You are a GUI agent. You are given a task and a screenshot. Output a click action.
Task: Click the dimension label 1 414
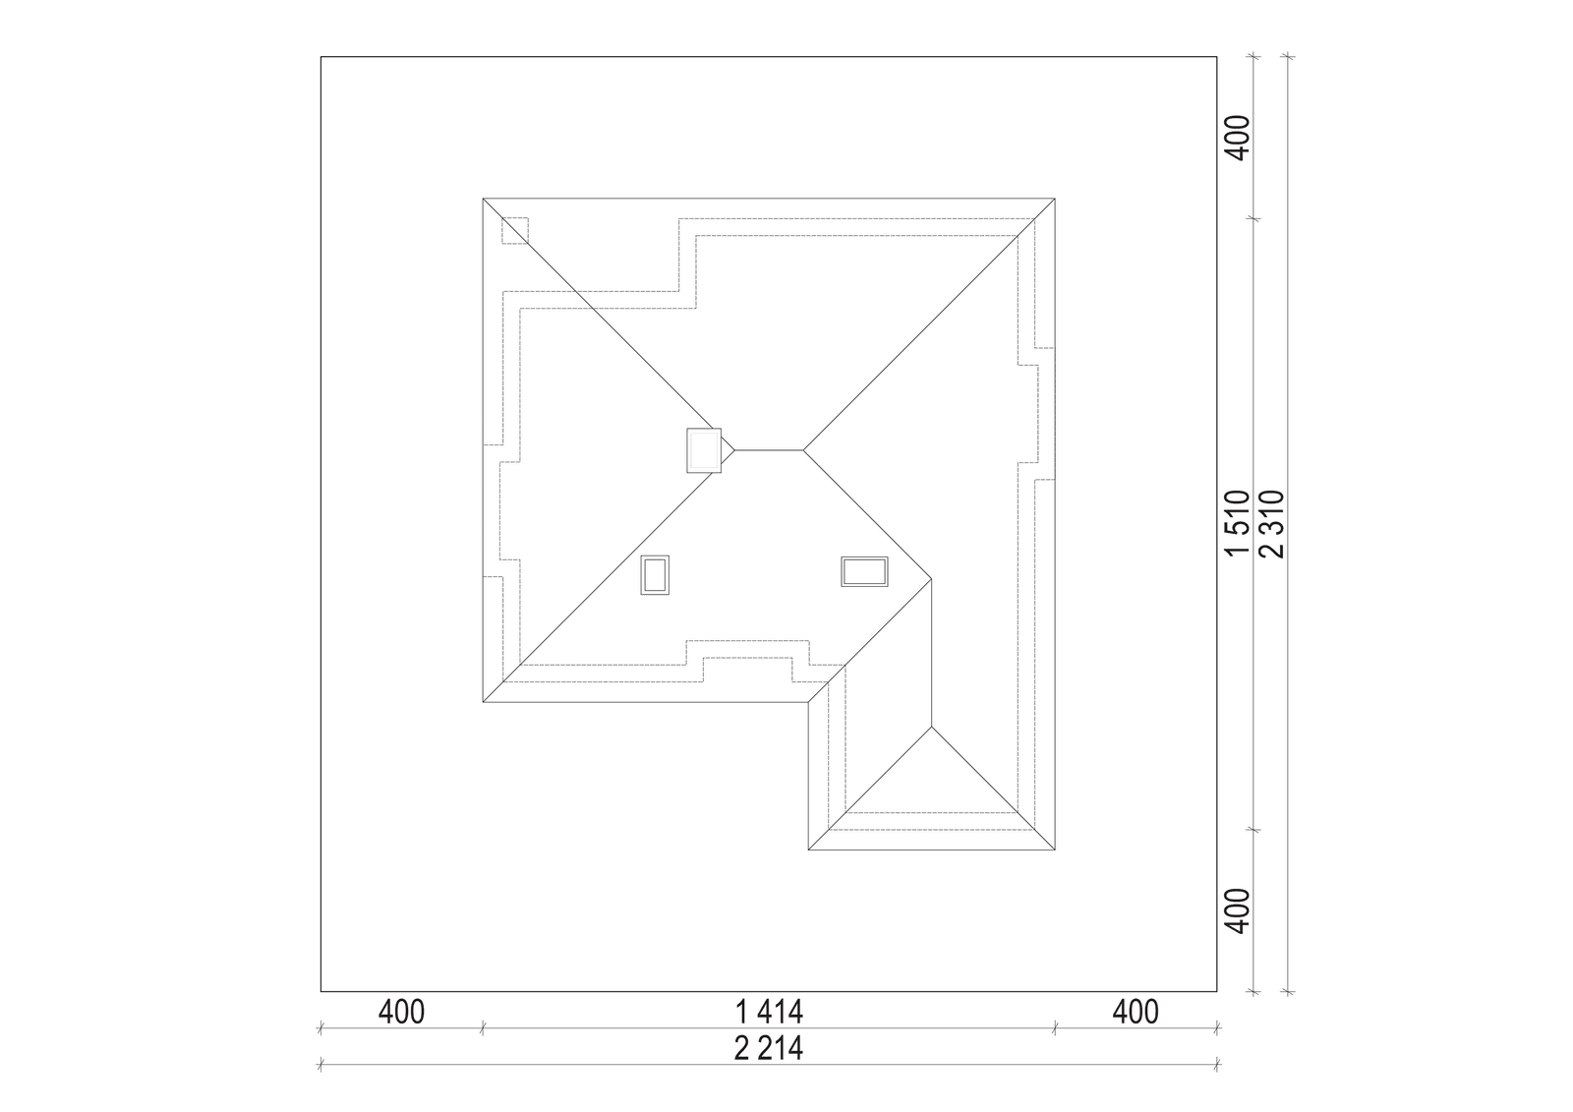pyautogui.click(x=769, y=1013)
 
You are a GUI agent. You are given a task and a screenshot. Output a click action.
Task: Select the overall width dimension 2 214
pyautogui.click(x=769, y=1049)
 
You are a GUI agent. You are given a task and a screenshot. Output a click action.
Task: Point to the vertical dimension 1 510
pyautogui.click(x=1238, y=523)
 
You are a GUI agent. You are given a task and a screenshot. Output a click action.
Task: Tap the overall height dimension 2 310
pyautogui.click(x=1272, y=524)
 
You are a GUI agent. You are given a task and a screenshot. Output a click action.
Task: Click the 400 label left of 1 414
pyautogui.click(x=402, y=1013)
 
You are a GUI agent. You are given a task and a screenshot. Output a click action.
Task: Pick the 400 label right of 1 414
pyautogui.click(x=1136, y=1013)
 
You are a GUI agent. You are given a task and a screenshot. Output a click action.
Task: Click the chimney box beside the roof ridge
pyautogui.click(x=704, y=450)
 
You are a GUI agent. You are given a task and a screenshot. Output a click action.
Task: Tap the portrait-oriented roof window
pyautogui.click(x=655, y=575)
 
